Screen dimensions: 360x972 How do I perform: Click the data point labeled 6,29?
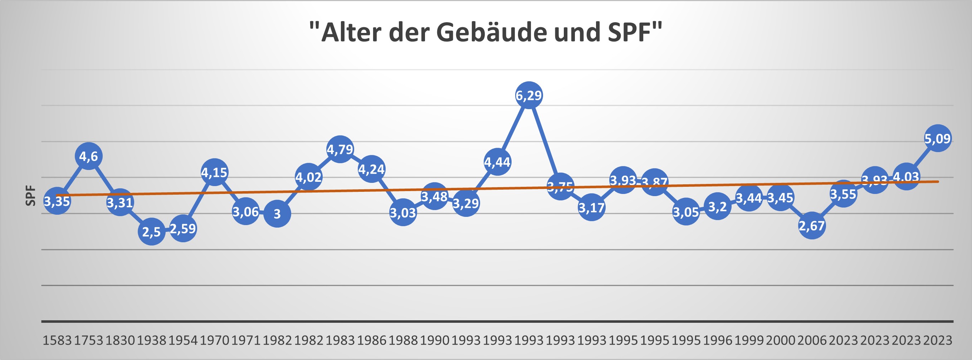[x=529, y=95]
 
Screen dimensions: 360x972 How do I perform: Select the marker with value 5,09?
[x=938, y=138]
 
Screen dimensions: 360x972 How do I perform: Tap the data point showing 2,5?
[x=151, y=231]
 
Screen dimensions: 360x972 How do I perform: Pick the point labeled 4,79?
[x=340, y=149]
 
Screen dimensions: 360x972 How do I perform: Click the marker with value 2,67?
[x=812, y=225]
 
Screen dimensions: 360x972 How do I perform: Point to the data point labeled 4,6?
[x=89, y=156]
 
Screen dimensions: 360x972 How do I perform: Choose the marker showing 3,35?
[x=57, y=201]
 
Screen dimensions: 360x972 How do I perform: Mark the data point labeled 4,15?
[x=214, y=172]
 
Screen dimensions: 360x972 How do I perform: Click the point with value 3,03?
[x=403, y=213]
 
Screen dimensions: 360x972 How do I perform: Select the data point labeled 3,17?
[x=592, y=207]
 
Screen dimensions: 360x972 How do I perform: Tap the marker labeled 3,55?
[x=843, y=194]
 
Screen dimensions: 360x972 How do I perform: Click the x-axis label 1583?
[x=57, y=340]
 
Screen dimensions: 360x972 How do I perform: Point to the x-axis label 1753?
[x=88, y=340]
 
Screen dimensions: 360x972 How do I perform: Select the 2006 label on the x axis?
[x=812, y=340]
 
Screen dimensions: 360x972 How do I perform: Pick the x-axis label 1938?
[x=151, y=340]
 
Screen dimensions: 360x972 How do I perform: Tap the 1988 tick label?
[x=403, y=340]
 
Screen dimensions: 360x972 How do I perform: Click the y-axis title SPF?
[x=30, y=195]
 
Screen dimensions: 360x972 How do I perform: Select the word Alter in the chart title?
[x=351, y=33]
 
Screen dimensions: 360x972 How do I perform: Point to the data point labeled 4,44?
[x=497, y=162]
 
